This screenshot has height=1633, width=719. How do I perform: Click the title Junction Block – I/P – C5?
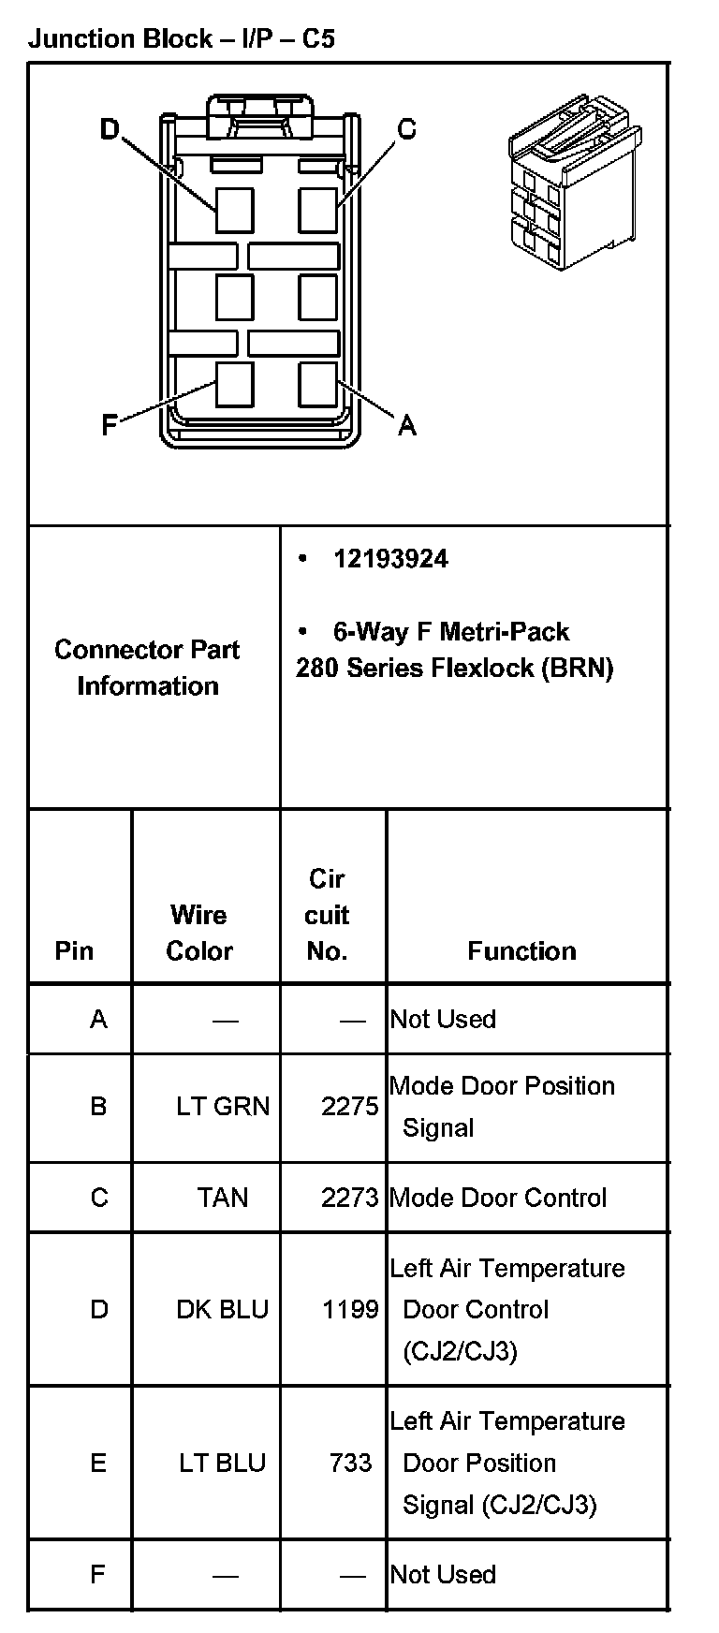coord(182,38)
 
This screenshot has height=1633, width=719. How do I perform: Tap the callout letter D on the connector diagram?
coord(110,129)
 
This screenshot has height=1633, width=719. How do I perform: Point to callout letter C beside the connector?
coord(406,129)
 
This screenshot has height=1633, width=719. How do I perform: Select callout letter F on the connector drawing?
coord(110,426)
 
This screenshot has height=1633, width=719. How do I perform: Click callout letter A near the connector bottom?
coord(406,426)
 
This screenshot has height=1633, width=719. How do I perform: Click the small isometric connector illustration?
coord(573,182)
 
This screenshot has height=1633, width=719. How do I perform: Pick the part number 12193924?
coord(390,559)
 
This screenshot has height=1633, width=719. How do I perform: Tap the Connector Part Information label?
coord(147,668)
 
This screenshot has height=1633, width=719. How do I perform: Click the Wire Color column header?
coord(198,933)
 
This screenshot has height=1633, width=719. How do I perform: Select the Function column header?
coord(521,951)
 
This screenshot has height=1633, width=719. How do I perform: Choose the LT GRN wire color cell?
coord(223,1106)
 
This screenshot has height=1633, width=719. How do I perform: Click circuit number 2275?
coord(349,1106)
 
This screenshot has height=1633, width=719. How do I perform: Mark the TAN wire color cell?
coord(223,1198)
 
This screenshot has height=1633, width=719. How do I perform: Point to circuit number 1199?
coord(350,1309)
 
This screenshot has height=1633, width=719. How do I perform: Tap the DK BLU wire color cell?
coord(223,1309)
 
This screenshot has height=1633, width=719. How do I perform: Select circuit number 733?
coord(351,1463)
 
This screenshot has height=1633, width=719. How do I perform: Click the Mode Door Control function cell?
coord(498,1198)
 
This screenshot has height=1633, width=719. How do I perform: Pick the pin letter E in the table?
coord(98,1463)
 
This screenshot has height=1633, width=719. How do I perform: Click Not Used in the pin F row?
coord(443,1574)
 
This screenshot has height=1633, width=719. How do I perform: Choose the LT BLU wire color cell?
coord(223,1463)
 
